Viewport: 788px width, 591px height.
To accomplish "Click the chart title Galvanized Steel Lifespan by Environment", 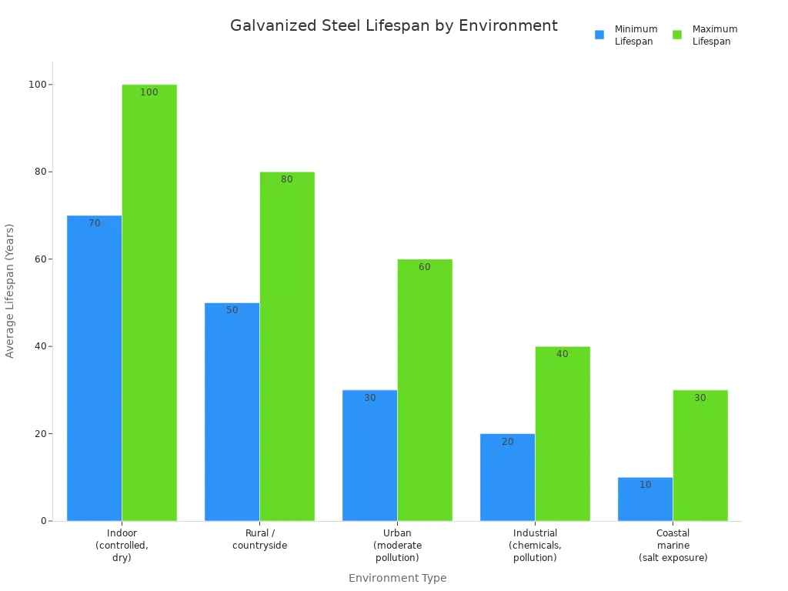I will pyautogui.click(x=393, y=26).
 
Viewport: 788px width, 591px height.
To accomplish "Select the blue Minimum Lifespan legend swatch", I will pyautogui.click(x=599, y=35).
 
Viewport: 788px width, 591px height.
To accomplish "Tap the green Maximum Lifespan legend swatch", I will pyautogui.click(x=677, y=35).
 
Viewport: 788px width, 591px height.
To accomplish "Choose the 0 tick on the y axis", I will pyautogui.click(x=45, y=521).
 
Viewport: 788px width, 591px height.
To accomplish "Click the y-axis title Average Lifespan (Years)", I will pyautogui.click(x=10, y=291).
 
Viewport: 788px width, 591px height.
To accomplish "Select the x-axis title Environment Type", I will pyautogui.click(x=397, y=578).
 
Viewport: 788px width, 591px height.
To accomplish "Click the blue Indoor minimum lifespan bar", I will pyautogui.click(x=94, y=369).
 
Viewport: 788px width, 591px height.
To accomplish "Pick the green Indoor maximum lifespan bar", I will pyautogui.click(x=149, y=308).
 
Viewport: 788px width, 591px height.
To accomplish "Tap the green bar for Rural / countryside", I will pyautogui.click(x=287, y=346).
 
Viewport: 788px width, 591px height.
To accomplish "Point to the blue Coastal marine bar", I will pyautogui.click(x=645, y=500).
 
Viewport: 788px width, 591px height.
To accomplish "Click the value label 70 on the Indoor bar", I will pyautogui.click(x=94, y=223).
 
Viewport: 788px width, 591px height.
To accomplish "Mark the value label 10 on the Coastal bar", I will pyautogui.click(x=645, y=485).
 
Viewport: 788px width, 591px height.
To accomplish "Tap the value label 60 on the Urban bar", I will pyautogui.click(x=425, y=267).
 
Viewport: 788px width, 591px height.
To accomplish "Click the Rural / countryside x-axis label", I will pyautogui.click(x=259, y=539).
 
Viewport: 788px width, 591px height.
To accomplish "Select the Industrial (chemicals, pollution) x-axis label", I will pyautogui.click(x=535, y=545).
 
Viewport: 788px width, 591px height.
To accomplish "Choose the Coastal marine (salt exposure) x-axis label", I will pyautogui.click(x=673, y=545).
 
